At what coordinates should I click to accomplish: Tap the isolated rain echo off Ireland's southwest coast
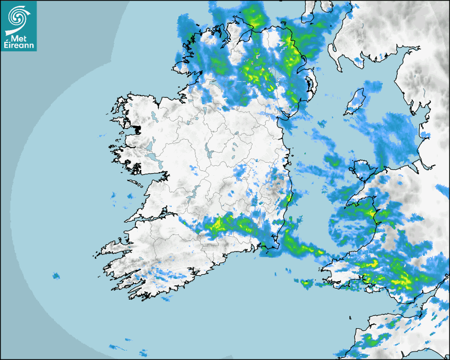[56, 275]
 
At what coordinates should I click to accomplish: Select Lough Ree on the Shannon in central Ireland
[210, 153]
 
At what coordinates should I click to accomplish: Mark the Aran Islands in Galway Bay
[137, 184]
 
